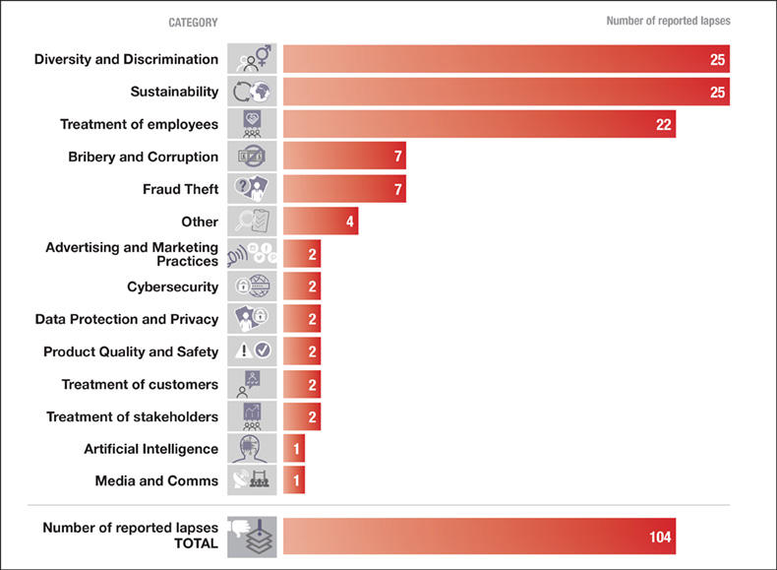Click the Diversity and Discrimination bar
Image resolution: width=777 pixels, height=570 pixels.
(x=506, y=59)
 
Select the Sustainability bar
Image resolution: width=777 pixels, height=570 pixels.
(x=506, y=92)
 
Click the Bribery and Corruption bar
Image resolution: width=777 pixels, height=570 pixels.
(x=344, y=157)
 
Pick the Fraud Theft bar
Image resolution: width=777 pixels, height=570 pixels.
(x=344, y=189)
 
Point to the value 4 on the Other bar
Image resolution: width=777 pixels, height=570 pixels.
(x=350, y=222)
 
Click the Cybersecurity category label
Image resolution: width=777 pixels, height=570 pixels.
(x=172, y=286)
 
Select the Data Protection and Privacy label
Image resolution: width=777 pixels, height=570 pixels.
(x=126, y=319)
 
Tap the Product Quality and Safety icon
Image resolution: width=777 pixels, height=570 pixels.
(x=252, y=351)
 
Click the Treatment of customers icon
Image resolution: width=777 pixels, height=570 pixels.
(x=252, y=384)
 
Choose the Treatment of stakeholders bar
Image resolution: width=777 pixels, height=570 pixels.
(x=301, y=416)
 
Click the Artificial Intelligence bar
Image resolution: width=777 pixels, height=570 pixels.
(x=293, y=449)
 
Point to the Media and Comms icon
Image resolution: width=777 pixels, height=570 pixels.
(x=252, y=481)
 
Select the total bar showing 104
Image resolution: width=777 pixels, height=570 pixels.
(x=479, y=537)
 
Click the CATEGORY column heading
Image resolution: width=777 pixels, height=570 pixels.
(x=193, y=22)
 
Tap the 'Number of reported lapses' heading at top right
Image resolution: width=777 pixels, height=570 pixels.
(x=668, y=21)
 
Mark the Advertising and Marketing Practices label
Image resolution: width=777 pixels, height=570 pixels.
(x=132, y=254)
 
